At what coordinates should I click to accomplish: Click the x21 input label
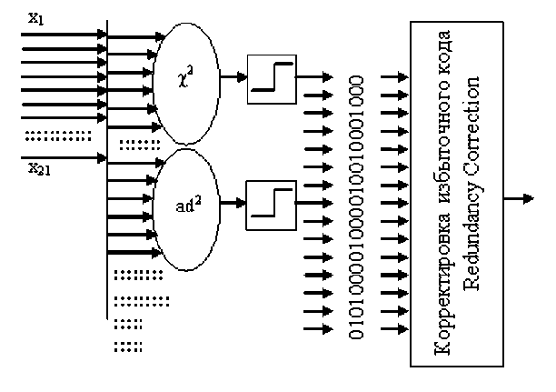[x=39, y=168]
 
